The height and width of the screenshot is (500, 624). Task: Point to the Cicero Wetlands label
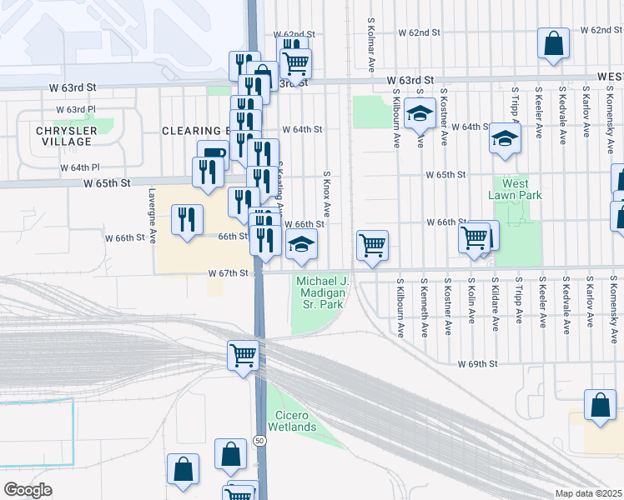click(x=292, y=421)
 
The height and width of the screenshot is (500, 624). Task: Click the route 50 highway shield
click(x=260, y=439)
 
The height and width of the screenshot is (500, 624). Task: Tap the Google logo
click(x=28, y=490)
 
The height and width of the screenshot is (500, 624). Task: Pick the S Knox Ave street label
click(x=327, y=197)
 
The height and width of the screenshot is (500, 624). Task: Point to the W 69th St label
click(x=476, y=364)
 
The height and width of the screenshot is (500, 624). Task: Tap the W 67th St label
click(x=229, y=273)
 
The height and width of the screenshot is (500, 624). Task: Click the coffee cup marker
click(x=213, y=155)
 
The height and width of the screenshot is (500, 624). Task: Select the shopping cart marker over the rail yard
click(x=243, y=355)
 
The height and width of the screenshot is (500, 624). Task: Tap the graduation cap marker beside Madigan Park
click(x=301, y=244)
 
